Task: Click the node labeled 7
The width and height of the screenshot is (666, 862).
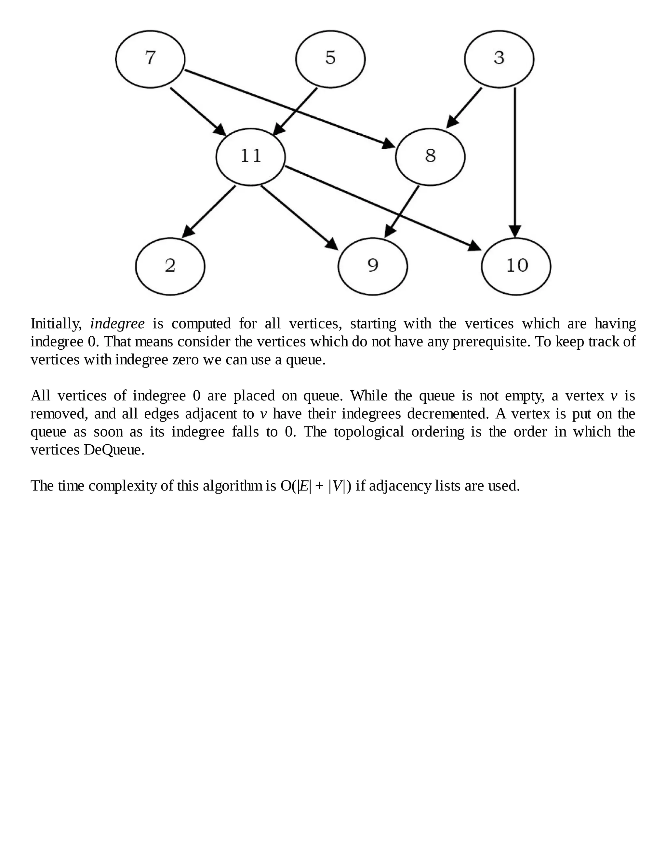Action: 150,59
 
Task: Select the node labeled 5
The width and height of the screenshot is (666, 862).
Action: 330,59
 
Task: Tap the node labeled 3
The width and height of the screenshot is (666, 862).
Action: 499,59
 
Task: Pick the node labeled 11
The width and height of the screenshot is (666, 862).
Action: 250,157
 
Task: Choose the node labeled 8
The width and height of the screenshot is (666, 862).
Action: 430,157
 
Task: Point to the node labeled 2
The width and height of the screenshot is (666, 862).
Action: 170,266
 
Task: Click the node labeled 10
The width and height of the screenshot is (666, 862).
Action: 516,266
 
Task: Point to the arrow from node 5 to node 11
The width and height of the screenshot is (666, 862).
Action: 296,111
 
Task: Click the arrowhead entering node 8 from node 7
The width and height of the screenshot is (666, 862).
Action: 389,144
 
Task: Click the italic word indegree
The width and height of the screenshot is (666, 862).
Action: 117,324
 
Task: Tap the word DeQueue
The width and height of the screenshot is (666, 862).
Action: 113,450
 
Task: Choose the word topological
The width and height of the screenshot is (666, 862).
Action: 368,432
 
